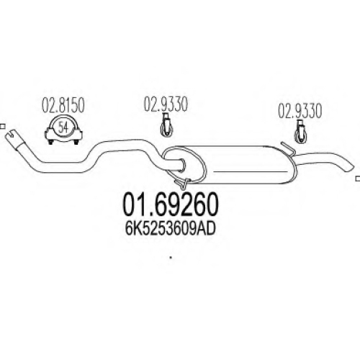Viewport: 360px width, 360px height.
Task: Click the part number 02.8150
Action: (63, 104)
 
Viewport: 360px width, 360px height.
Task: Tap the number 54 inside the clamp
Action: (63, 127)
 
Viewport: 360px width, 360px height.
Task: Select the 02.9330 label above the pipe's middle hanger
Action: (166, 104)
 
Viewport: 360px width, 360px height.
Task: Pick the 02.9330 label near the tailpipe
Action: (300, 111)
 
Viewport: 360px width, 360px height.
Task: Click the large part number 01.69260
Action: (171, 204)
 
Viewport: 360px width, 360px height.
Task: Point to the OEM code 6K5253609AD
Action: (170, 229)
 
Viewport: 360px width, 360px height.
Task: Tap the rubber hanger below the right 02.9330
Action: (300, 132)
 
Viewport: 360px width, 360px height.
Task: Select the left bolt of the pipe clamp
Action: (50, 142)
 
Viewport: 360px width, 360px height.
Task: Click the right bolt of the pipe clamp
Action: (76, 142)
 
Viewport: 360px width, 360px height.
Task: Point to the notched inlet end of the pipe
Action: (11, 135)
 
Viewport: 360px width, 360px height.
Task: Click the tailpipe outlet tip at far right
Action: (350, 168)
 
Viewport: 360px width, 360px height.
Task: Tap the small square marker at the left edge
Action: (2, 126)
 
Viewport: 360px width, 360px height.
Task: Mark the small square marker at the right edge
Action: (358, 179)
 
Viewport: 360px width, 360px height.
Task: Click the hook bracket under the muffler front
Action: (183, 183)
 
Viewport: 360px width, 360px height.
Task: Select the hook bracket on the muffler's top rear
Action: (288, 148)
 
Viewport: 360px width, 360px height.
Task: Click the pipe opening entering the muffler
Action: (182, 164)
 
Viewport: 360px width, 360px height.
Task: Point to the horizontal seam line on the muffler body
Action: (251, 171)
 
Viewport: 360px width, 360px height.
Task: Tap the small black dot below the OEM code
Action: (171, 258)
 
